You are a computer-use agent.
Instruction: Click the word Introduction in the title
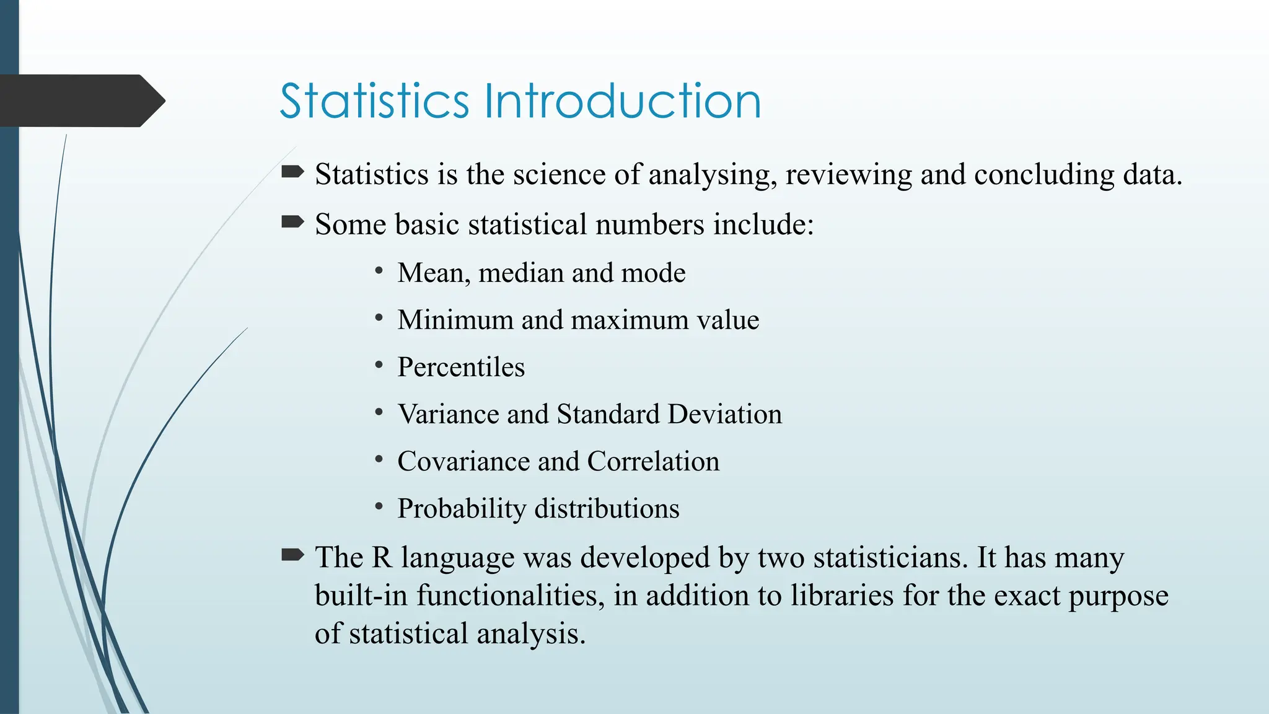click(x=622, y=101)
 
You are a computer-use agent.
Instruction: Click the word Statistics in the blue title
click(x=374, y=101)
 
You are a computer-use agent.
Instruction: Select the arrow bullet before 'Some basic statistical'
click(x=292, y=221)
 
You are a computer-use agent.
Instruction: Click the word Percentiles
click(x=461, y=367)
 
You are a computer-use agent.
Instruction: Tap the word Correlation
click(x=653, y=461)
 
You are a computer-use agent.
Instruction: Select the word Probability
click(x=462, y=509)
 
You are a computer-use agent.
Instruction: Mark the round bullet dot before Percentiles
click(x=379, y=365)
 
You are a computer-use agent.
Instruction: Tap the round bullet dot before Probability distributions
click(x=379, y=506)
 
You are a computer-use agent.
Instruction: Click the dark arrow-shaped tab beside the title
click(x=81, y=100)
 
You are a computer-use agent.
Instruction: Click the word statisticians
click(x=890, y=557)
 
